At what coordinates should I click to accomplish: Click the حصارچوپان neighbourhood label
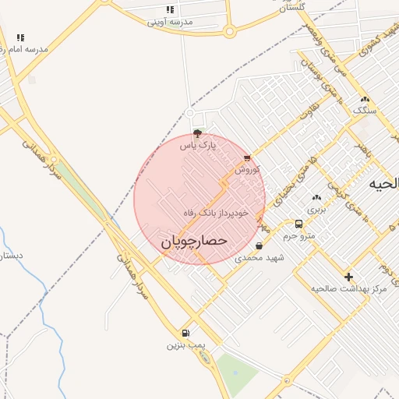(194, 242)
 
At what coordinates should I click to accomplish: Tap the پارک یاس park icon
(197, 133)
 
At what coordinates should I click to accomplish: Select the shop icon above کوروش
(247, 158)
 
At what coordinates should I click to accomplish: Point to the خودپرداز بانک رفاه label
(216, 212)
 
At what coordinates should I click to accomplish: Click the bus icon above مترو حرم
(298, 224)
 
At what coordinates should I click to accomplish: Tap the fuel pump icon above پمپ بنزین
(185, 334)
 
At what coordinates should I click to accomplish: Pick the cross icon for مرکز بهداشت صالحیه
(348, 277)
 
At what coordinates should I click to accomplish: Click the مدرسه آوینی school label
(171, 22)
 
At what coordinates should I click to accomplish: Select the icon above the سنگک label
(365, 100)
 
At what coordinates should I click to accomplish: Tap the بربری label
(316, 209)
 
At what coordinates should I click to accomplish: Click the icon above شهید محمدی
(259, 246)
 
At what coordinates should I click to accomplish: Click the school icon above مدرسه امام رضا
(20, 37)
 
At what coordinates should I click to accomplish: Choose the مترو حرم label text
(298, 235)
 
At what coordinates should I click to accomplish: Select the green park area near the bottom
(237, 372)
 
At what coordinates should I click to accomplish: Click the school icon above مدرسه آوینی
(171, 10)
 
